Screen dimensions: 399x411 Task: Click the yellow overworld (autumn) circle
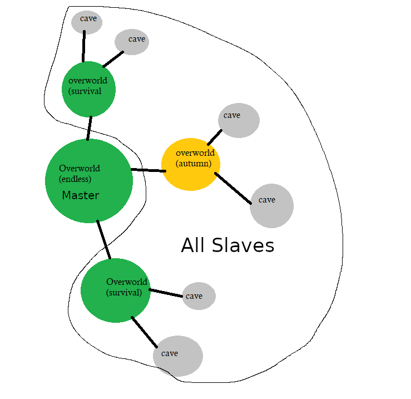(x=191, y=165)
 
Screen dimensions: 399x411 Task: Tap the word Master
(x=80, y=195)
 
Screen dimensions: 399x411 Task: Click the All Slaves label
(x=227, y=245)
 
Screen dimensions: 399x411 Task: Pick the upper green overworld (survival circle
(x=89, y=89)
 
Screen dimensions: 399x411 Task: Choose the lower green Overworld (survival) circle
(x=116, y=291)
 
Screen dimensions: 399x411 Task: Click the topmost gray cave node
(x=88, y=21)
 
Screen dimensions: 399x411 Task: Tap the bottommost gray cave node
(x=178, y=356)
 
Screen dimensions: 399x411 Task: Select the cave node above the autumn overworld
(x=239, y=120)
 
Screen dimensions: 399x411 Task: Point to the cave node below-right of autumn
(x=271, y=205)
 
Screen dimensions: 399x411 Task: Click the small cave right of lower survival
(x=199, y=296)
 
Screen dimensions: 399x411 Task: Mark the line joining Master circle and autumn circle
(x=148, y=170)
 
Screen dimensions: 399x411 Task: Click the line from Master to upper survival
(x=89, y=128)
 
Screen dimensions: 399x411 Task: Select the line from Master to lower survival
(x=103, y=240)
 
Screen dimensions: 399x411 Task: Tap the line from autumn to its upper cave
(x=215, y=137)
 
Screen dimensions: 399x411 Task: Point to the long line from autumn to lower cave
(x=232, y=188)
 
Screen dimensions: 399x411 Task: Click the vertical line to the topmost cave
(x=84, y=46)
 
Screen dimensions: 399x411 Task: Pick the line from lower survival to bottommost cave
(x=143, y=332)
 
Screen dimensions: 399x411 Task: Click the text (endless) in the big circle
(x=75, y=179)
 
